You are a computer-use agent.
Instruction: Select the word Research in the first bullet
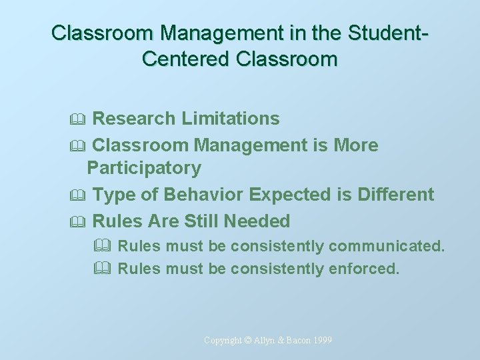click(x=132, y=119)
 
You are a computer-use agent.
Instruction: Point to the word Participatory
click(x=144, y=168)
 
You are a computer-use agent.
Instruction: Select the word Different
click(x=395, y=195)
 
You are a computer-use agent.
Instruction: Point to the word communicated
click(x=386, y=246)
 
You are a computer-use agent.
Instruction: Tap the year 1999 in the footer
click(x=320, y=341)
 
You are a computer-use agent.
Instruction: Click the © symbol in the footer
click(x=247, y=341)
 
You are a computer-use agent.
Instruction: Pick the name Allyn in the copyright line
click(x=264, y=341)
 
